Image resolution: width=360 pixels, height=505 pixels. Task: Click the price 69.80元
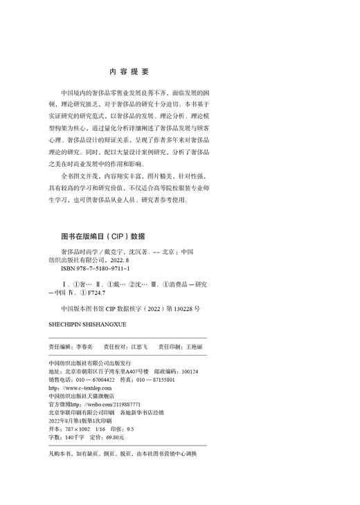(113, 438)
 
